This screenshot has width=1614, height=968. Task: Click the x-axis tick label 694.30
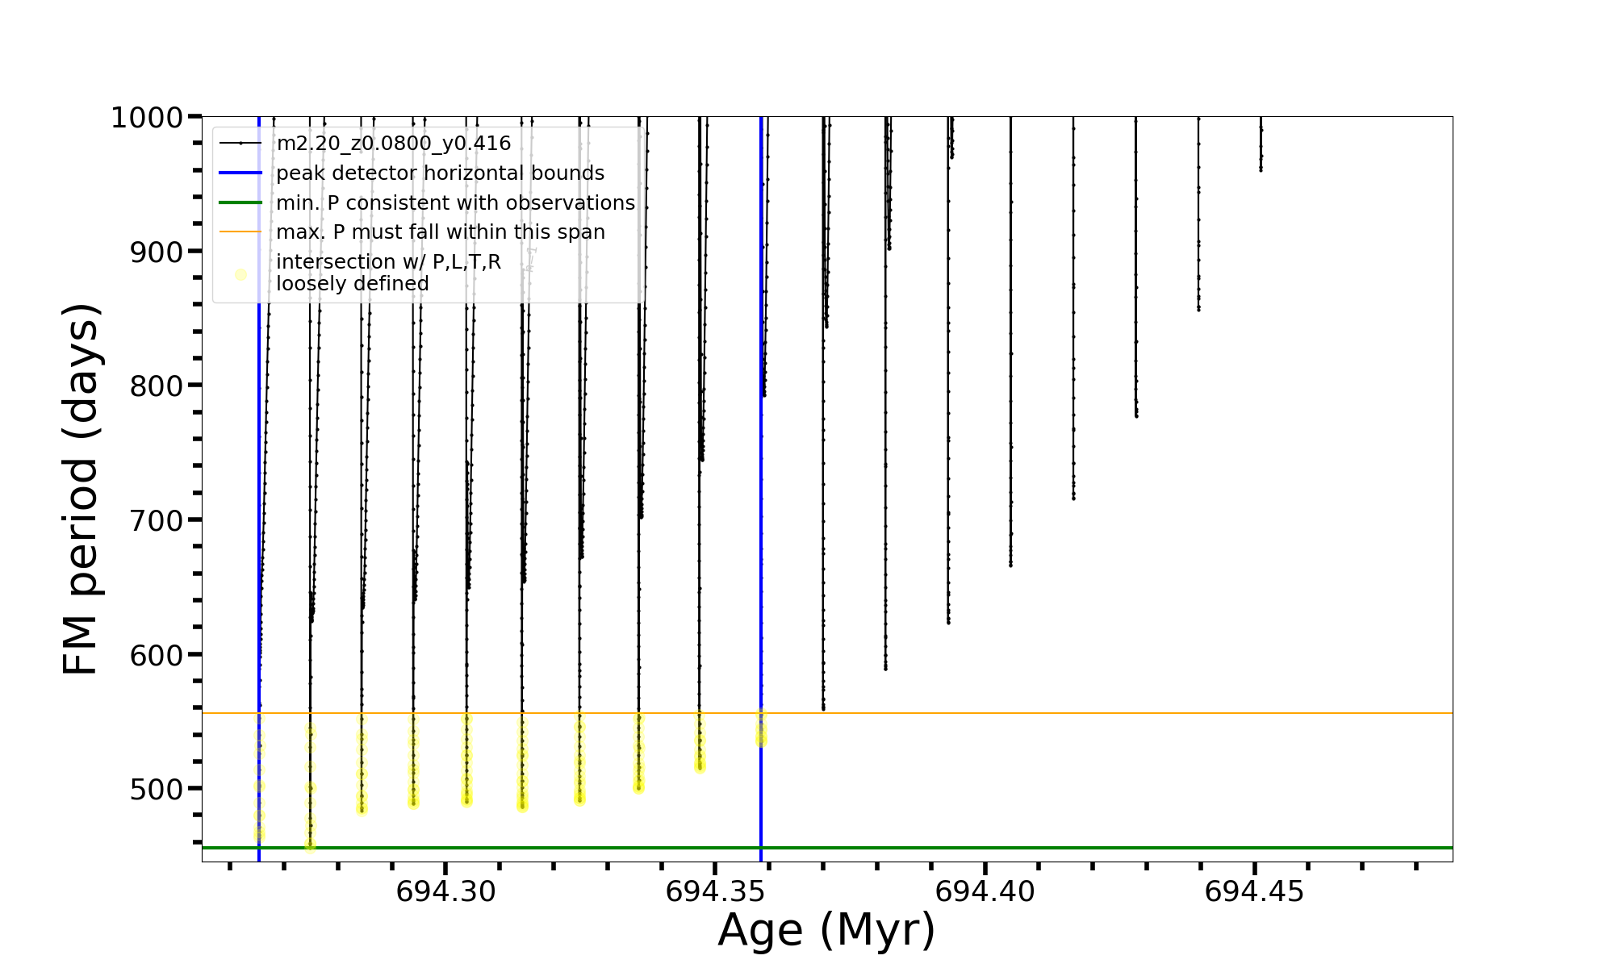tap(445, 892)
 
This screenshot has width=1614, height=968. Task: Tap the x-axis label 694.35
tap(715, 892)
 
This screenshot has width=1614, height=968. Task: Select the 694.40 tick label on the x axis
tap(985, 892)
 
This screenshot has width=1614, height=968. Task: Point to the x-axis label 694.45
tap(1254, 892)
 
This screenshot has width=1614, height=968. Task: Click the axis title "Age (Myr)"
tap(826, 930)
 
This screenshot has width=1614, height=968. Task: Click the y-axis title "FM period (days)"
tap(81, 490)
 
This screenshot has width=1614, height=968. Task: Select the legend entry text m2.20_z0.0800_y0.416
tap(393, 144)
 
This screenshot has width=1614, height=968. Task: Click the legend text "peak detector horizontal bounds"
tap(440, 173)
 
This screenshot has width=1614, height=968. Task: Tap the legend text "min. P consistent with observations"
tap(455, 203)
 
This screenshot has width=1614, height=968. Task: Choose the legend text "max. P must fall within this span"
tap(440, 232)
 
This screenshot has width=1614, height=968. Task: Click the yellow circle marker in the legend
tap(240, 274)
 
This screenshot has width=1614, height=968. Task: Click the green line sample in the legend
tap(240, 202)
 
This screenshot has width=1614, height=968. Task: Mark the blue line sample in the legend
tap(240, 173)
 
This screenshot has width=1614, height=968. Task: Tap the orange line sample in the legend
tap(240, 232)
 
